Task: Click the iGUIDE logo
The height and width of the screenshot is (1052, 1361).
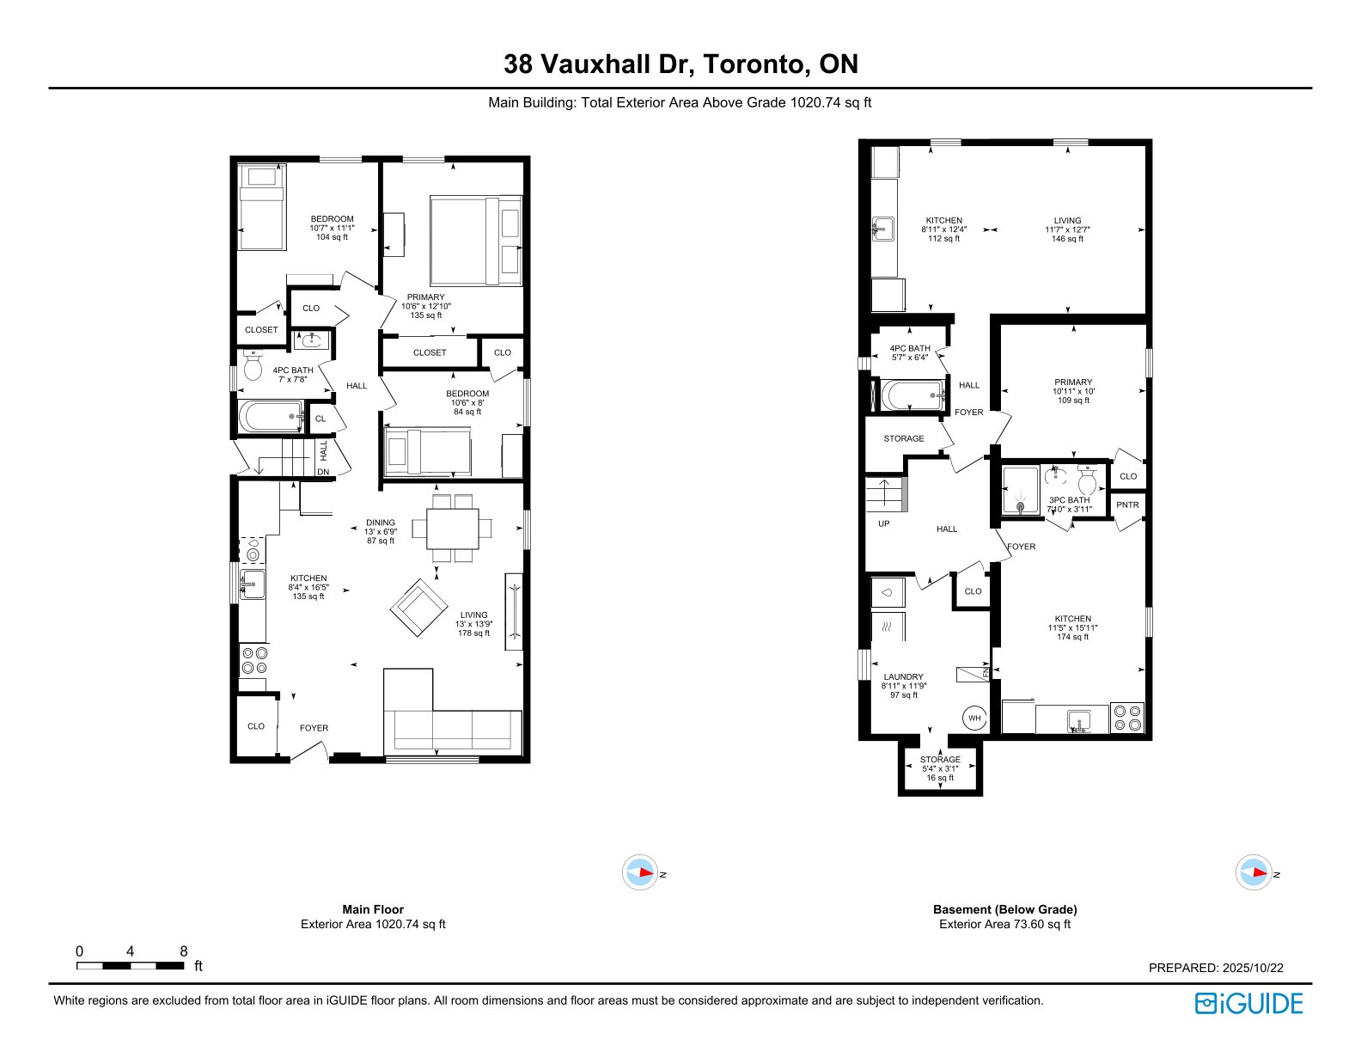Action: click(x=1248, y=1003)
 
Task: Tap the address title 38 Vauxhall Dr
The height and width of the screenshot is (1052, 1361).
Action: click(x=680, y=64)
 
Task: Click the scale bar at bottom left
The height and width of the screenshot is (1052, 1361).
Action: click(x=131, y=965)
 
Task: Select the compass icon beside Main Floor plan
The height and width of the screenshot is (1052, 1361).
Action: click(x=639, y=873)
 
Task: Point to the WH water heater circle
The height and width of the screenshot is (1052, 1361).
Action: click(x=974, y=718)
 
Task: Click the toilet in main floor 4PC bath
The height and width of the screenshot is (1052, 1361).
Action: click(x=253, y=368)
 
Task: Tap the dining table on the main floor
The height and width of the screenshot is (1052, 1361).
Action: click(x=452, y=528)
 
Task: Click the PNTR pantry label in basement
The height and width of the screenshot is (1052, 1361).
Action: click(x=1127, y=505)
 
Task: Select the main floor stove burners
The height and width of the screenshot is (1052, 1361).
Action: click(x=253, y=660)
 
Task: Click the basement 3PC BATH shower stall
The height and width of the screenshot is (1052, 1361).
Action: click(x=1021, y=491)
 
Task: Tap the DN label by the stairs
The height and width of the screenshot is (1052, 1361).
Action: click(x=323, y=472)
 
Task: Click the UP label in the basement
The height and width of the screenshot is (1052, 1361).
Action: click(x=884, y=523)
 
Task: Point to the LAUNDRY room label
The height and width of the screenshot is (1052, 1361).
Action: click(x=904, y=677)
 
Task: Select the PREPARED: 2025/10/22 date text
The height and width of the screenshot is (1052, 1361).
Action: click(x=1216, y=968)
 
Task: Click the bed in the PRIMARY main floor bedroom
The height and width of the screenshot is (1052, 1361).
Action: click(x=475, y=241)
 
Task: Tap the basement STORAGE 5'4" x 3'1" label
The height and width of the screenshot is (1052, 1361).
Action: click(x=940, y=768)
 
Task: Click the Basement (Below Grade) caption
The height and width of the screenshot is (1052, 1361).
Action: click(x=1004, y=909)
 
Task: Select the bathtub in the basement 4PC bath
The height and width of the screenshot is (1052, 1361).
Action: click(x=913, y=396)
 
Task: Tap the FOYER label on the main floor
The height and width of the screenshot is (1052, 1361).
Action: click(x=314, y=728)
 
